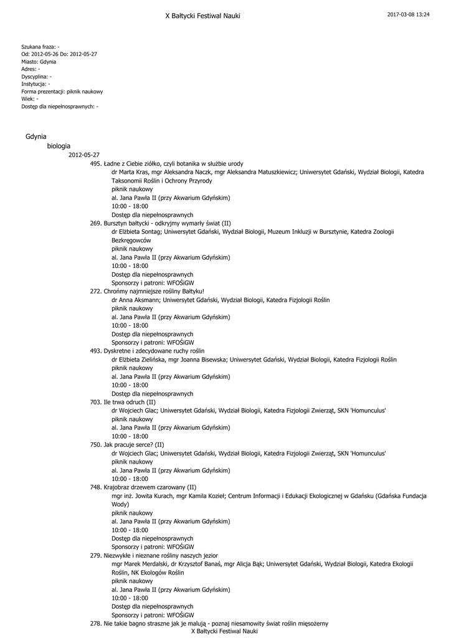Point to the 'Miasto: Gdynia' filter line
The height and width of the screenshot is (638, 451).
click(x=39, y=62)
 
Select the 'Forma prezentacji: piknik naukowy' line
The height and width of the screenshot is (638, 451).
click(x=62, y=92)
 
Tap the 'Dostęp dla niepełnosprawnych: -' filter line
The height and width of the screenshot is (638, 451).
click(x=60, y=107)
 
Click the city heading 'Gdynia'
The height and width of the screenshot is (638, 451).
click(x=36, y=136)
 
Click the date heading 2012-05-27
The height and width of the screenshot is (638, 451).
click(x=84, y=155)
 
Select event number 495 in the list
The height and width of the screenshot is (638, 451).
click(x=95, y=164)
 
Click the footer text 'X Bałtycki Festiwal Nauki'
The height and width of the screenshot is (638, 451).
click(x=224, y=631)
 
